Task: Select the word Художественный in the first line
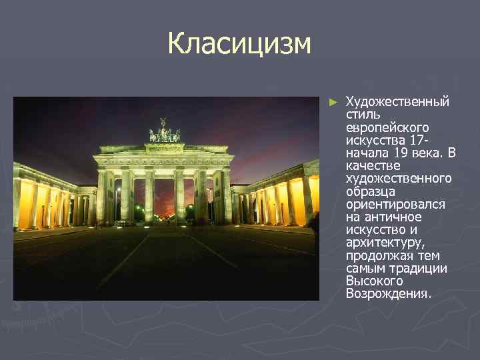(397, 102)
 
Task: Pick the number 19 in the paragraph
(402, 153)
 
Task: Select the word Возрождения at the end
(388, 294)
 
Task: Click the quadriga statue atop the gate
(165, 131)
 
